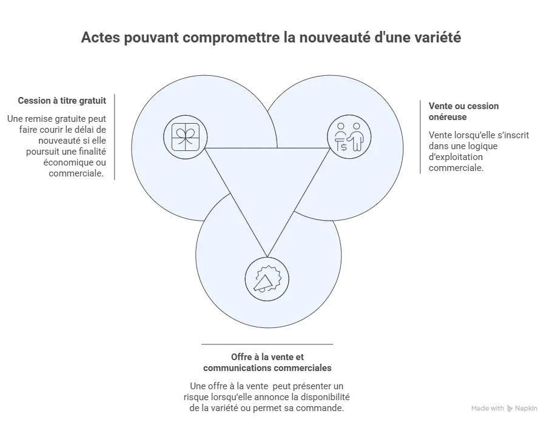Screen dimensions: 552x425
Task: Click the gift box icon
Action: tap(186, 137)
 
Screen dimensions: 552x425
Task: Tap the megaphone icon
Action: tap(267, 279)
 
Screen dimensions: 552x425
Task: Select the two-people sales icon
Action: tap(349, 137)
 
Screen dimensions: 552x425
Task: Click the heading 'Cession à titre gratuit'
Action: tap(62, 101)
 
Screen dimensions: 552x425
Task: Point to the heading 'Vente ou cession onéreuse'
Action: tap(463, 112)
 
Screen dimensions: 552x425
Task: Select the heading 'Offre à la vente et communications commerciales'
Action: tap(267, 363)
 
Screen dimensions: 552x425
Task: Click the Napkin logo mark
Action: tap(510, 409)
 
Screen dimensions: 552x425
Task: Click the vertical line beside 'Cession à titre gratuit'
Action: tap(115, 137)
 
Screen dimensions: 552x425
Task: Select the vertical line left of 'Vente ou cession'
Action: tap(420, 137)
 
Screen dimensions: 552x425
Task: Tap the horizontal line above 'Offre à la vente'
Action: tap(267, 344)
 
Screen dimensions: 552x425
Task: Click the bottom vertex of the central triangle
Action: tap(267, 257)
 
